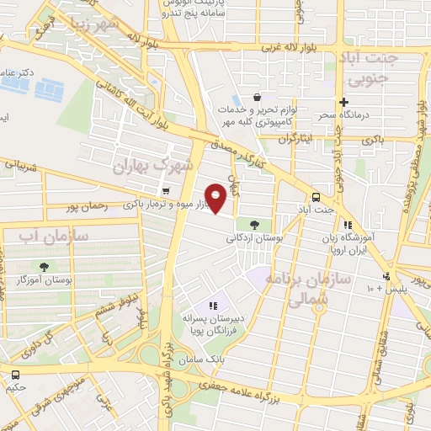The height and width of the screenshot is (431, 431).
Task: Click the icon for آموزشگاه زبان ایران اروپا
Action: tap(347, 225)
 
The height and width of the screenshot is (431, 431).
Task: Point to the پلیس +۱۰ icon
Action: tap(386, 276)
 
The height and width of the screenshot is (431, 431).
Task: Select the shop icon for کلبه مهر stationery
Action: tap(255, 98)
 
